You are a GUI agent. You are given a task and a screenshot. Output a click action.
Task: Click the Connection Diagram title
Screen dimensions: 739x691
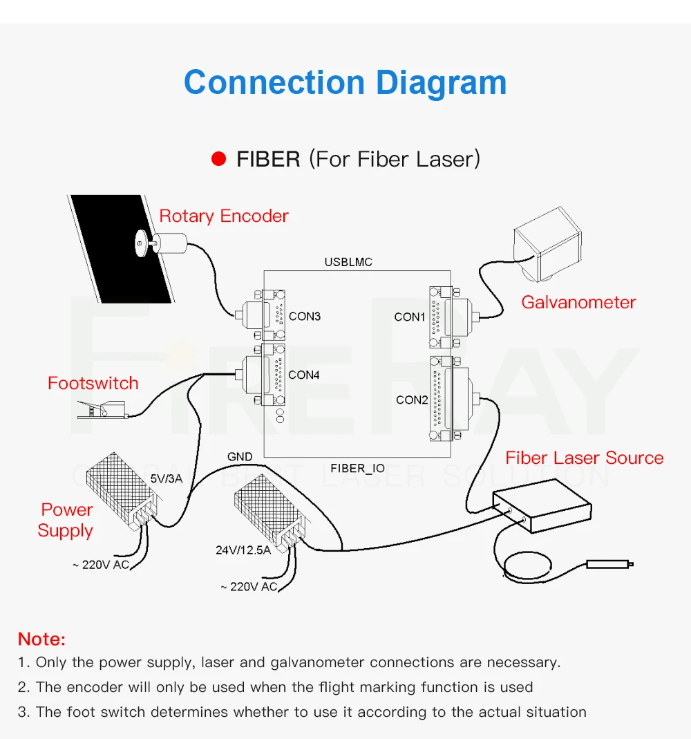[x=345, y=82]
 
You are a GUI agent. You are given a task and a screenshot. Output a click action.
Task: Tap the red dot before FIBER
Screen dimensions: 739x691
[x=219, y=159]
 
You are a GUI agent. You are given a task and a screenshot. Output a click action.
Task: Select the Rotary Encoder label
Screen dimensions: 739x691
[x=223, y=216]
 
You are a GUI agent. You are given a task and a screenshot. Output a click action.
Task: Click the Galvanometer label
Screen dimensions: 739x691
[x=578, y=302]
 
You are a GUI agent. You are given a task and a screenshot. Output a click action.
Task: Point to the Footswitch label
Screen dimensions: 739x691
[x=93, y=383]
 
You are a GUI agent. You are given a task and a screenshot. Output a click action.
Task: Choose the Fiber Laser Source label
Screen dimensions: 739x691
[x=584, y=458]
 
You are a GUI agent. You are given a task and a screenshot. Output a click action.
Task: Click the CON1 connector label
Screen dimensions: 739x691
[x=410, y=317]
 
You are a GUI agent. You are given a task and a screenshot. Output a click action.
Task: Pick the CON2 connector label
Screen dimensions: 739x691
[x=412, y=400]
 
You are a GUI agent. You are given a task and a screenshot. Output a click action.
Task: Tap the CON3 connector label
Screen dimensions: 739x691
[x=305, y=317]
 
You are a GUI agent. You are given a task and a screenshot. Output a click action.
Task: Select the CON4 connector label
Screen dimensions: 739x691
[x=304, y=375]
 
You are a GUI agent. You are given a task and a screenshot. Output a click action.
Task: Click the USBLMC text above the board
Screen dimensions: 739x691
[x=348, y=263]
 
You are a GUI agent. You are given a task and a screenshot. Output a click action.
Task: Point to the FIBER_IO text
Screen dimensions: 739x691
[x=357, y=469]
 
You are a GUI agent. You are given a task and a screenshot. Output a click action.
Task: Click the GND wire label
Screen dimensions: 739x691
[x=240, y=457]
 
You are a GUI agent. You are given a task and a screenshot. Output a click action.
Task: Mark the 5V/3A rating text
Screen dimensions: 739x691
[x=166, y=478]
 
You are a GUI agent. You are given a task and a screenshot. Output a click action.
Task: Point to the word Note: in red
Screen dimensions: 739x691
[x=41, y=639]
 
